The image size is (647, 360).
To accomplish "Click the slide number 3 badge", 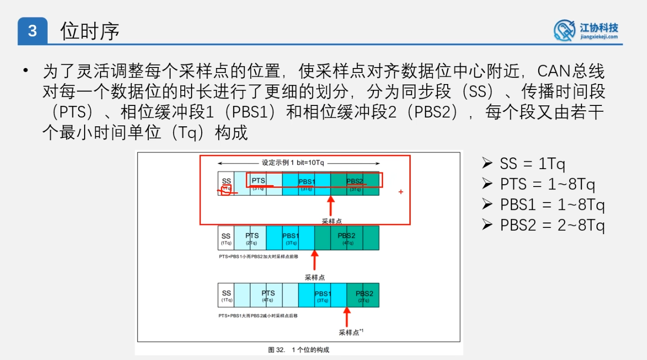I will click(x=33, y=32).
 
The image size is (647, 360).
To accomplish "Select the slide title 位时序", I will click(x=90, y=32).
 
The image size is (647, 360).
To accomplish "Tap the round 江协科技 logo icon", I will click(x=564, y=30).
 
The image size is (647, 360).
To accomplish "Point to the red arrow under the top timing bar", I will click(x=331, y=206).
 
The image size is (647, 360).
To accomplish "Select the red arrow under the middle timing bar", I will click(x=315, y=260).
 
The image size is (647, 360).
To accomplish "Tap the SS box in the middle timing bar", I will click(x=226, y=238).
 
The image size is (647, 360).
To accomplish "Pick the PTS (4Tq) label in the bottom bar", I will click(x=268, y=295).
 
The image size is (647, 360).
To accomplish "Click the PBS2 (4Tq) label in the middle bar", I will click(x=347, y=238).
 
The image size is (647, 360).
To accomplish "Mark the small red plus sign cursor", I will click(x=401, y=192).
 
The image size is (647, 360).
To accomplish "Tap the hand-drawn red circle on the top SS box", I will click(x=226, y=190).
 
